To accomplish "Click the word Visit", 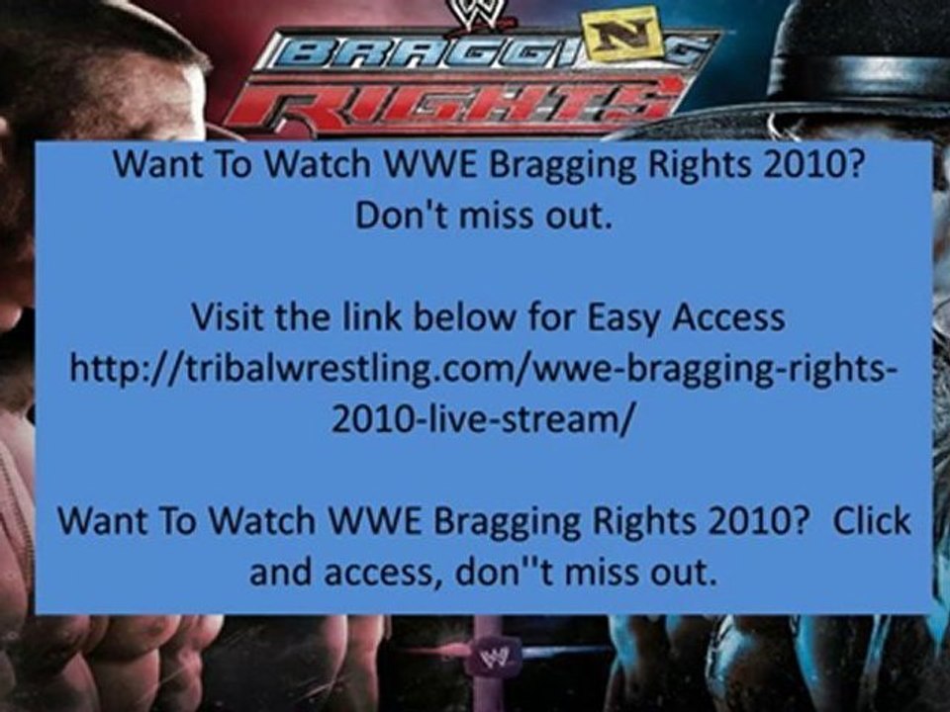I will pyautogui.click(x=225, y=318).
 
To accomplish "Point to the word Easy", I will pyautogui.click(x=629, y=318).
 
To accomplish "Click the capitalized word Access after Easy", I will pyautogui.click(x=728, y=318).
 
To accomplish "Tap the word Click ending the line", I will pyautogui.click(x=870, y=521).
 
